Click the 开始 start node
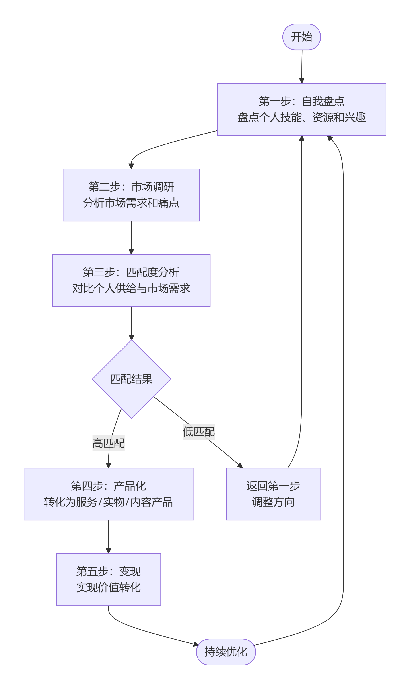tap(301, 37)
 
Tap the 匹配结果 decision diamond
tap(132, 379)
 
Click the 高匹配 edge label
tap(108, 443)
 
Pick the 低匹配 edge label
tap(198, 432)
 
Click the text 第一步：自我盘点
tap(301, 101)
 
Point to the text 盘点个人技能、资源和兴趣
tap(301, 117)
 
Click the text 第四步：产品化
tap(108, 486)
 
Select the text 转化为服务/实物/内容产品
tap(108, 502)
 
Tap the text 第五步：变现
tap(108, 571)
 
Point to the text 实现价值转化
tap(108, 587)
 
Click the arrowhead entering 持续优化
tap(196, 645)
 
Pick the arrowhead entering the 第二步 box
tap(131, 166)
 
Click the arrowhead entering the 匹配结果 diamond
tap(132, 337)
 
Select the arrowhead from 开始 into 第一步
tap(302, 81)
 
